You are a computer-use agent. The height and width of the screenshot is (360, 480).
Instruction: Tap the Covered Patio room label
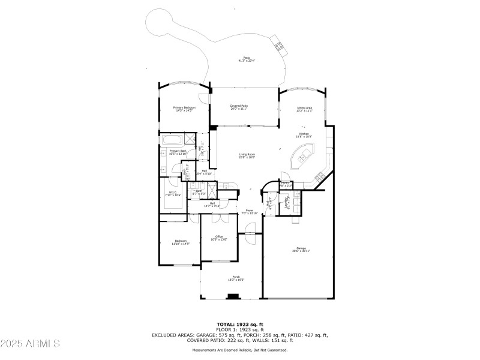[x=239, y=107]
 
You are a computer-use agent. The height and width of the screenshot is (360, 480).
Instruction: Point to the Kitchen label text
[x=304, y=135]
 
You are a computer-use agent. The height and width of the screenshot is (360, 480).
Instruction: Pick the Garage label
[x=301, y=250]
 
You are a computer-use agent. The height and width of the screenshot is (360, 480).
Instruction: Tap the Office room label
[x=219, y=238]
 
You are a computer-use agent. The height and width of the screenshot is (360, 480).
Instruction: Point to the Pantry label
[x=286, y=184]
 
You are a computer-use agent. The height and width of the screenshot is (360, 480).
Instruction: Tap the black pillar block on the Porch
[x=233, y=296]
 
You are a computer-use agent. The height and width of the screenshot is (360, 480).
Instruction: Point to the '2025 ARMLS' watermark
[x=30, y=343]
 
